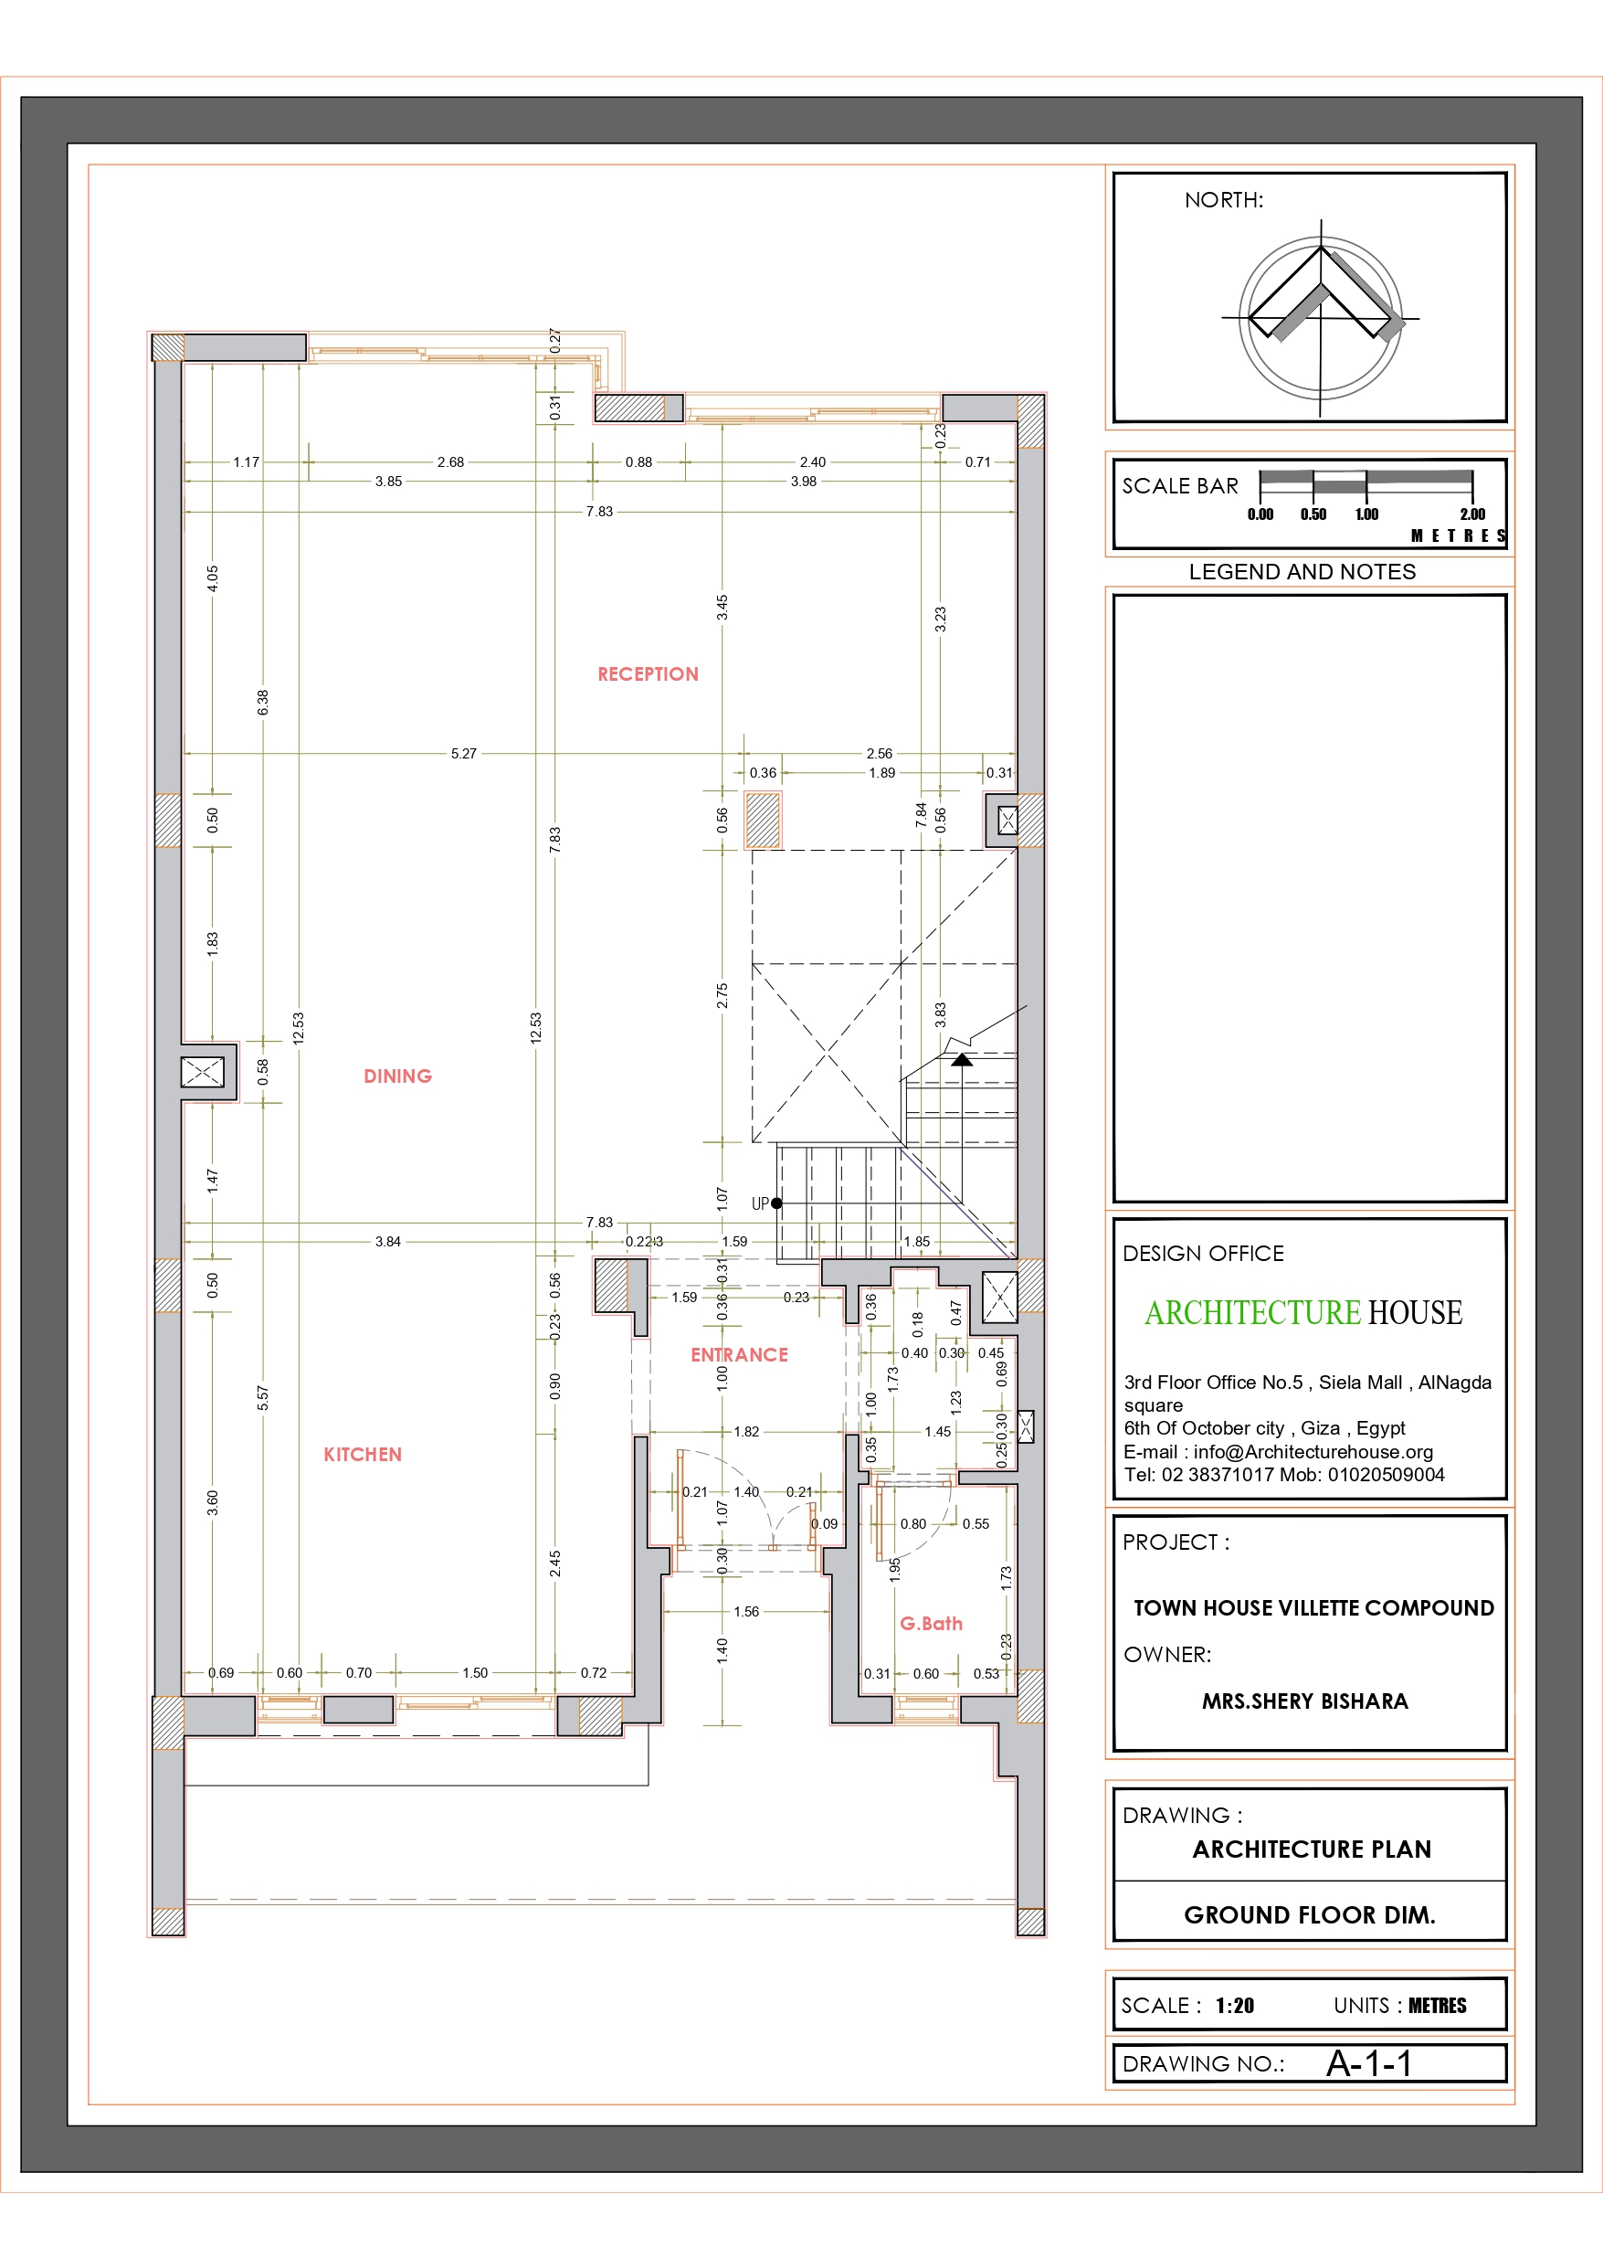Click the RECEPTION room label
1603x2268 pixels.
coord(648,673)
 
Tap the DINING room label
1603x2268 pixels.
coord(397,1076)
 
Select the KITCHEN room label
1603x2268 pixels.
coord(363,1454)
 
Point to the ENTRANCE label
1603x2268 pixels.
coord(739,1354)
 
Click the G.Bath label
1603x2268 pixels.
coord(931,1623)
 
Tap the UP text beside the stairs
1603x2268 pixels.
coord(760,1203)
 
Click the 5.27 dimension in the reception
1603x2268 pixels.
coord(463,754)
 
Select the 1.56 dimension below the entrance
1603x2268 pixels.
coord(745,1611)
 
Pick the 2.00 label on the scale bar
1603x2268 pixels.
coord(1471,514)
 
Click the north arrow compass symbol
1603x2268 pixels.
coord(1321,317)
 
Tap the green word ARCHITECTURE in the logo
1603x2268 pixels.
coord(1251,1312)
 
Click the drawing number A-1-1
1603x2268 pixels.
coord(1369,2063)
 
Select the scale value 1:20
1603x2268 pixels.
coord(1235,2005)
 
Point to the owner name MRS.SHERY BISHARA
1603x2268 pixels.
coord(1304,1701)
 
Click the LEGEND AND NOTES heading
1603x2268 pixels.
coord(1302,572)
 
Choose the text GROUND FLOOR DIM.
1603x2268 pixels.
coord(1309,1914)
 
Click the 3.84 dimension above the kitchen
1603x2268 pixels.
coord(387,1242)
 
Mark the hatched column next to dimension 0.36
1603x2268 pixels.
coord(763,820)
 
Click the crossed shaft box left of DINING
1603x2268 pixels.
coord(203,1072)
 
